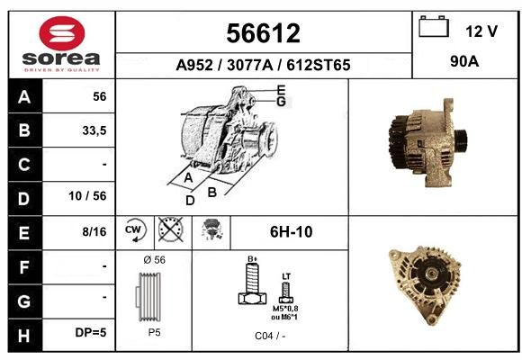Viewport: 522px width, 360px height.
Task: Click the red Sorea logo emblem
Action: [62, 33]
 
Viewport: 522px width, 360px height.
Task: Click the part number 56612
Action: [264, 33]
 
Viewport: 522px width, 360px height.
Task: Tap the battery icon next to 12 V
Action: [434, 27]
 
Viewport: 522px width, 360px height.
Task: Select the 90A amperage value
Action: [464, 61]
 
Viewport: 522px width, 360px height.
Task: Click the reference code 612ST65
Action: [319, 65]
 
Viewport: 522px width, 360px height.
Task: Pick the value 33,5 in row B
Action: [94, 130]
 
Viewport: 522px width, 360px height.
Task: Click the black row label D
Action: [24, 199]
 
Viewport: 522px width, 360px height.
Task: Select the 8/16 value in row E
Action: [94, 232]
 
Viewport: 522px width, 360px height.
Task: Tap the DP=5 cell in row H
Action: [91, 332]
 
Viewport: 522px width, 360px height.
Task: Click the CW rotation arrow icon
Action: [135, 229]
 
